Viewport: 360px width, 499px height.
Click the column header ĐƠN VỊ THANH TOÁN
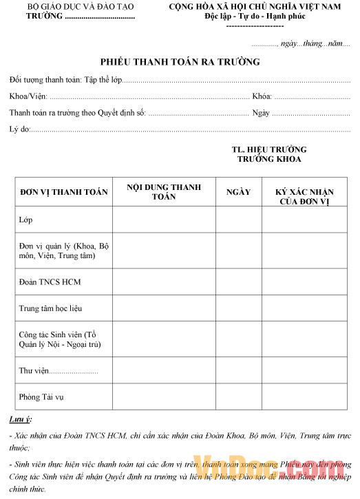[x=63, y=191]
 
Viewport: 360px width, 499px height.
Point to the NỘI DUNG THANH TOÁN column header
[x=164, y=191]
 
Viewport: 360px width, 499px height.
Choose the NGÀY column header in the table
[x=238, y=191]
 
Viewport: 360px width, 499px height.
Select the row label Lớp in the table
[x=26, y=220]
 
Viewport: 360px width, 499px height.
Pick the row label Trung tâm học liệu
[x=54, y=308]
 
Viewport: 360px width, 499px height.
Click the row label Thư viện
[x=34, y=372]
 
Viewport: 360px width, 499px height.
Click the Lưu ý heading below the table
[x=20, y=419]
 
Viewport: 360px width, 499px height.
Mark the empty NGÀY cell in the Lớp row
[x=238, y=220]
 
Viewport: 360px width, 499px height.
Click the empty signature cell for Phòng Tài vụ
[x=305, y=397]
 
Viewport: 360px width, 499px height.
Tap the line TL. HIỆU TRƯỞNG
[x=269, y=149]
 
